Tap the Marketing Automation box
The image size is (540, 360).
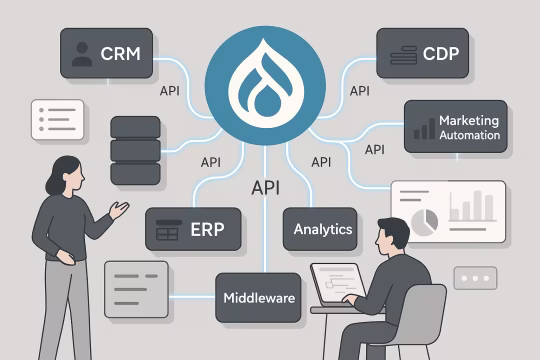[451, 126]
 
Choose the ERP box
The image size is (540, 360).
[195, 229]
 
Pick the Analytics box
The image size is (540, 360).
[321, 229]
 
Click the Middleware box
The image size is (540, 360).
[257, 297]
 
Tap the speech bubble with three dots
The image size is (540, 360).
[474, 278]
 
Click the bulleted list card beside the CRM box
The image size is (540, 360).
[57, 119]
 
